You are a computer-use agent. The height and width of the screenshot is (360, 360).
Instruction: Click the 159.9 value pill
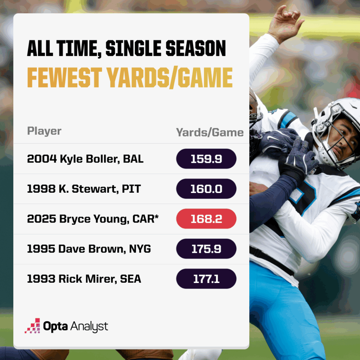[x=206, y=159]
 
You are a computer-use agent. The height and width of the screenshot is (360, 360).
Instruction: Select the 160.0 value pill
[x=206, y=189]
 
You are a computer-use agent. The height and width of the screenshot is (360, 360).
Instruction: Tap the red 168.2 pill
[x=206, y=219]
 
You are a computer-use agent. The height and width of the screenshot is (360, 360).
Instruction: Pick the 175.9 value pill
[x=206, y=249]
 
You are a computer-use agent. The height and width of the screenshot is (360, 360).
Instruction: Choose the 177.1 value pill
[x=206, y=279]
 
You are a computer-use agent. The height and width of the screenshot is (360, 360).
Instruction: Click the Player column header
[x=44, y=131]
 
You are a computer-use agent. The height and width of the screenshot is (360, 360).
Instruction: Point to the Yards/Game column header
[x=210, y=132]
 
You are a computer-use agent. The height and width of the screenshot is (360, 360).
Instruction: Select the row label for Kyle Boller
[x=85, y=159]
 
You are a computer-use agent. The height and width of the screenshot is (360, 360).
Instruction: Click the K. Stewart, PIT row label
[x=84, y=189]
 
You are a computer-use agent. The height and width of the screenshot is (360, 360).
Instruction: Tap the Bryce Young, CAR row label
[x=92, y=219]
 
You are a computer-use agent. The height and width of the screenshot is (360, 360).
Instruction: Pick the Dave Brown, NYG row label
[x=89, y=249]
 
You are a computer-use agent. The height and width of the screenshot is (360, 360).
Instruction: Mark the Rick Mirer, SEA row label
[x=84, y=279]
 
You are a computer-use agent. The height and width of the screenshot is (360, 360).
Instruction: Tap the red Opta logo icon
[x=32, y=326]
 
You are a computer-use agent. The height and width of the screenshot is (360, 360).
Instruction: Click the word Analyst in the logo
[x=89, y=326]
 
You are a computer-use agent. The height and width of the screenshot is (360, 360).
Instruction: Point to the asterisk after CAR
[x=156, y=217]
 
